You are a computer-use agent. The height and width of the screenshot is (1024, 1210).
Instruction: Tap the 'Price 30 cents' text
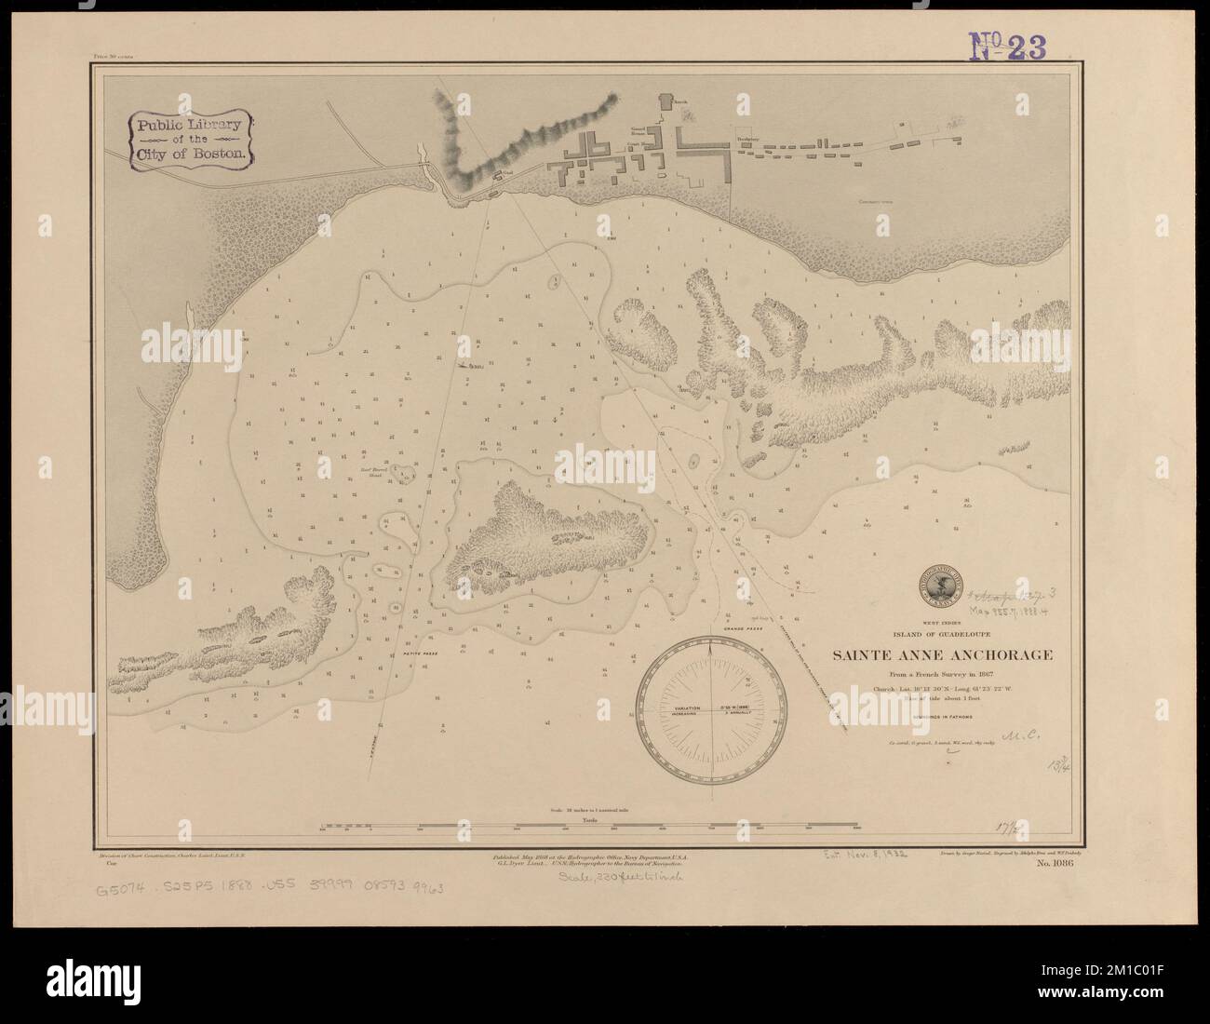pos(109,57)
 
